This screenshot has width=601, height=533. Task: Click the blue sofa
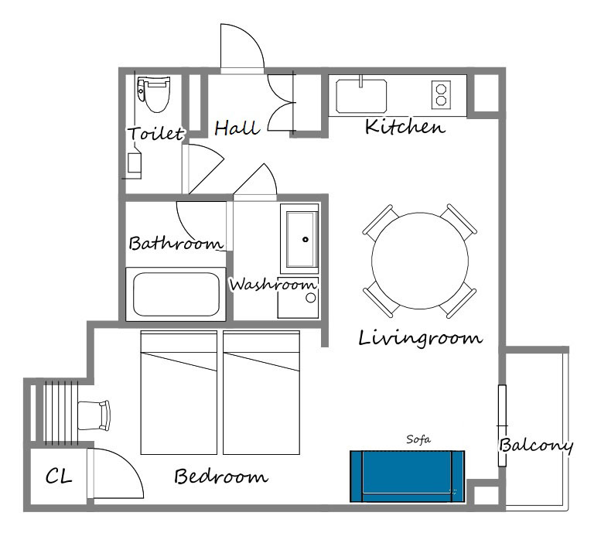tap(407, 477)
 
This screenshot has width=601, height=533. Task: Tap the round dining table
tap(420, 261)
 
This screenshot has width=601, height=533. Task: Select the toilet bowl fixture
tap(154, 94)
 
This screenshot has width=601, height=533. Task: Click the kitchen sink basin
tap(361, 96)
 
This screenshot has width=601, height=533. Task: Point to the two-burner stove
tap(441, 94)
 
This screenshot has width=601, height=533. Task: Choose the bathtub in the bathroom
tap(176, 294)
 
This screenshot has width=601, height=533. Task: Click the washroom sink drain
tap(306, 240)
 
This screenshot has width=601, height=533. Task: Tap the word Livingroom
tap(420, 339)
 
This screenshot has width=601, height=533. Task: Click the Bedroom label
tap(220, 477)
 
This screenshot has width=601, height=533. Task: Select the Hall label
tap(237, 128)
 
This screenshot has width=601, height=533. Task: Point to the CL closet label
tap(58, 477)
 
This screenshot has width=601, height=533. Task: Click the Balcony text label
tap(536, 446)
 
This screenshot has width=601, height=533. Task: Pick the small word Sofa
tap(418, 439)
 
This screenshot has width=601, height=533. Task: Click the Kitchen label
tap(405, 127)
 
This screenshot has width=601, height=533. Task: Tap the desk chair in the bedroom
tap(94, 415)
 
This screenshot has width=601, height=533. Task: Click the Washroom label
tap(273, 285)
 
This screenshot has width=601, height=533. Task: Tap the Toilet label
tap(155, 133)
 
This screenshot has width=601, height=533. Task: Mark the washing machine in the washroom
tap(298, 298)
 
